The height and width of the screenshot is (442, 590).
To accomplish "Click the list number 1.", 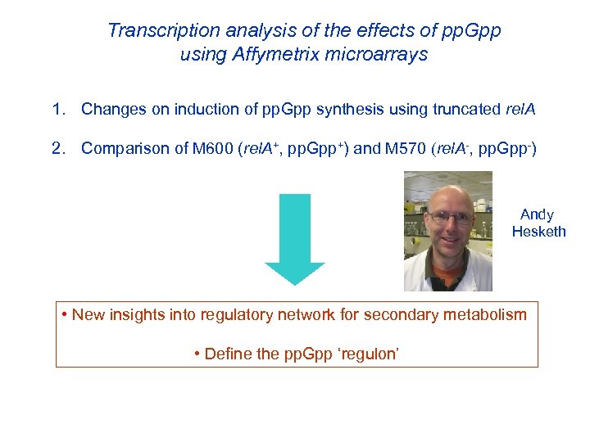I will (x=57, y=109).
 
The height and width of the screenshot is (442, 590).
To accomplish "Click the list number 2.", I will (x=57, y=149).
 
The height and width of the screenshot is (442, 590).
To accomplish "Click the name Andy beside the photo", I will (x=537, y=214).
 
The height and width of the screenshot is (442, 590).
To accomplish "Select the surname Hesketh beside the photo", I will (x=538, y=232).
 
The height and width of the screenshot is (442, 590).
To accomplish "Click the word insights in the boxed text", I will (x=138, y=314).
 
